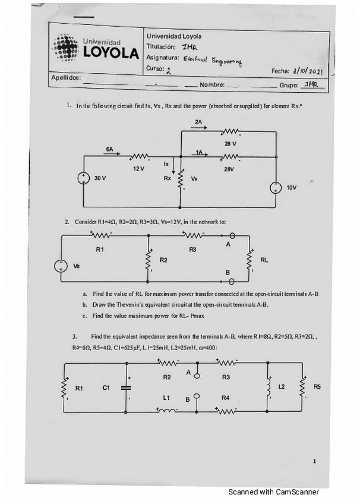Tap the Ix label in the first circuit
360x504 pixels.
pyautogui.click(x=167, y=163)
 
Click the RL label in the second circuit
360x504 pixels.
pyautogui.click(x=264, y=260)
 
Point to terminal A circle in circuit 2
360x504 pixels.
pyautogui.click(x=233, y=235)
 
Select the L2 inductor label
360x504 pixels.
pyautogui.click(x=282, y=387)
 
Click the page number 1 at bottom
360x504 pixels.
pyautogui.click(x=315, y=461)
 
